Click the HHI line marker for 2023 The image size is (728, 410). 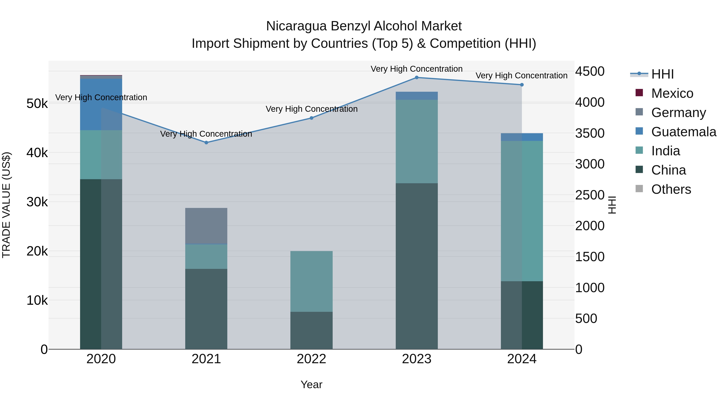pos(417,77)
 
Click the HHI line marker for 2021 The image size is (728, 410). pos(206,143)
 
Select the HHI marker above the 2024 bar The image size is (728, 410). pos(522,85)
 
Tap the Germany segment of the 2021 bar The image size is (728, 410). pos(206,226)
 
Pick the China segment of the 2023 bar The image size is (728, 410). pos(417,266)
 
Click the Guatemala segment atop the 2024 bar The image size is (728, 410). pos(522,137)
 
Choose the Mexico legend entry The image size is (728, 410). pos(672,93)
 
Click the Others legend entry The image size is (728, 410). pos(671,189)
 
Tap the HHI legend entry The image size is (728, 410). pos(662,74)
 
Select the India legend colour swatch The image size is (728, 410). pos(639,150)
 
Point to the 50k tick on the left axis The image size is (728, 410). pos(37,103)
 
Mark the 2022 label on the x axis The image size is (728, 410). pos(311,359)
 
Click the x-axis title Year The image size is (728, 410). pos(311,384)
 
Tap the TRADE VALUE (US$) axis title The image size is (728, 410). pos(6,205)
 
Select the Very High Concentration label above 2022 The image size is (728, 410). pos(311,109)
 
